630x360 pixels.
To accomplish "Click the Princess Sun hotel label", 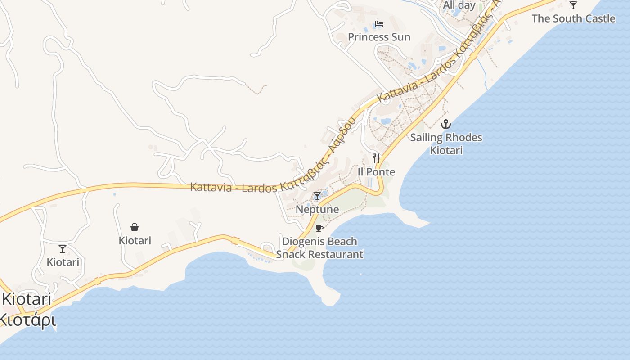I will pyautogui.click(x=379, y=37).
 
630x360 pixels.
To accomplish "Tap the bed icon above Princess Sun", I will pyautogui.click(x=379, y=24).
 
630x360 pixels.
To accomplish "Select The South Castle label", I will pyautogui.click(x=573, y=18).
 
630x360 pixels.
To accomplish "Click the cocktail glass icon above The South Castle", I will pyautogui.click(x=573, y=5).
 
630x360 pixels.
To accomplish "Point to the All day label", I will pyautogui.click(x=459, y=5).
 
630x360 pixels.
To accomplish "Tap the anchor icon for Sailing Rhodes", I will pyautogui.click(x=446, y=124).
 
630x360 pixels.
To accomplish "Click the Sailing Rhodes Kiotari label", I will pyautogui.click(x=446, y=144).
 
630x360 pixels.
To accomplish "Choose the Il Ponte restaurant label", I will pyautogui.click(x=376, y=171).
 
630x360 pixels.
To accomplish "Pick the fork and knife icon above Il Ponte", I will pyautogui.click(x=376, y=158).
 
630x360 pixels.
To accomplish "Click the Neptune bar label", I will pyautogui.click(x=317, y=209).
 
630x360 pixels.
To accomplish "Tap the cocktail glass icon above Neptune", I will pyautogui.click(x=317, y=196).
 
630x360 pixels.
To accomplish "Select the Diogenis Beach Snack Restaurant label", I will pyautogui.click(x=319, y=248).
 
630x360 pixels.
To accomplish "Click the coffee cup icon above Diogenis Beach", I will pyautogui.click(x=319, y=228).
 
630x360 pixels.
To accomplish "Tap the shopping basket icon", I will pyautogui.click(x=135, y=227).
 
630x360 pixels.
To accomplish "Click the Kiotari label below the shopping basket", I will pyautogui.click(x=135, y=241).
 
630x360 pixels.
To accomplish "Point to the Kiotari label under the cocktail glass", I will pyautogui.click(x=63, y=262).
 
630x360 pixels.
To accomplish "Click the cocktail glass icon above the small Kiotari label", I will pyautogui.click(x=63, y=249).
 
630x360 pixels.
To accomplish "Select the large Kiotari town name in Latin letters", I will pyautogui.click(x=27, y=299).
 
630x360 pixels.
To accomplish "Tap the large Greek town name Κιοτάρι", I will pyautogui.click(x=27, y=320).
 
